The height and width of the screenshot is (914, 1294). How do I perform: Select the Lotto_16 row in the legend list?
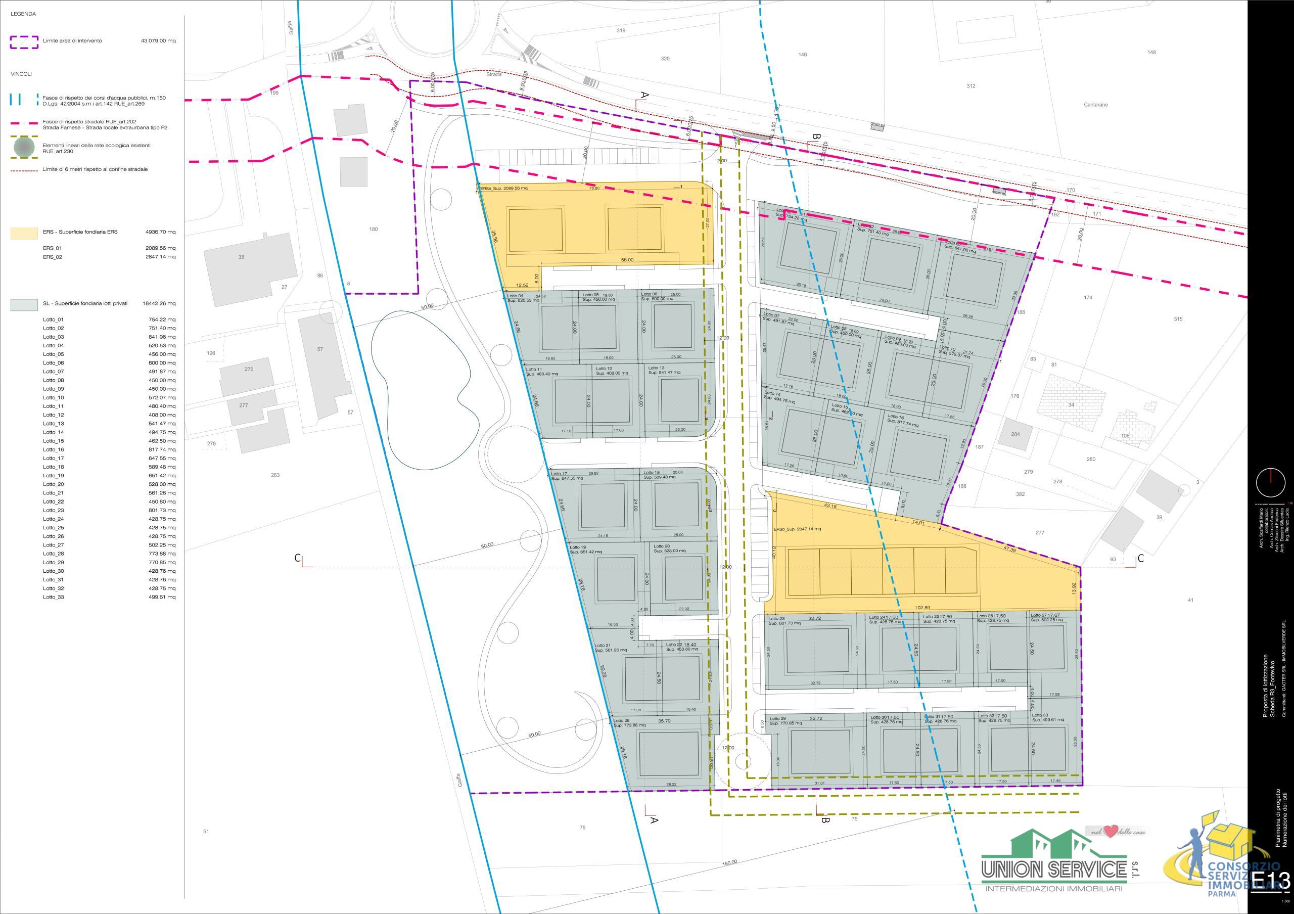[x=54, y=450]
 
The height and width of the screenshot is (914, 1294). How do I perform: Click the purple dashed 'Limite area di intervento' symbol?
[x=24, y=41]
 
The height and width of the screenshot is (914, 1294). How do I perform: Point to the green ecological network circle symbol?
[x=24, y=148]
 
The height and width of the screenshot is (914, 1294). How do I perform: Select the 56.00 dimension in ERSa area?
[x=627, y=260]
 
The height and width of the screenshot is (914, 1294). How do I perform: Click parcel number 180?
[x=373, y=230]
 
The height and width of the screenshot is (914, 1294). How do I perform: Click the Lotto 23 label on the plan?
[x=777, y=618]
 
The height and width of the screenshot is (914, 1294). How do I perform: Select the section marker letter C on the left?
[x=298, y=558]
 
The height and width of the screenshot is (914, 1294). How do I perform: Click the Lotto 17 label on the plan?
[x=560, y=473]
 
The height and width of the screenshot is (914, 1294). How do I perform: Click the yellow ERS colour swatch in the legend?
[x=24, y=233]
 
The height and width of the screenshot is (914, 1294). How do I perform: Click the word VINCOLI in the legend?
[x=21, y=74]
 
